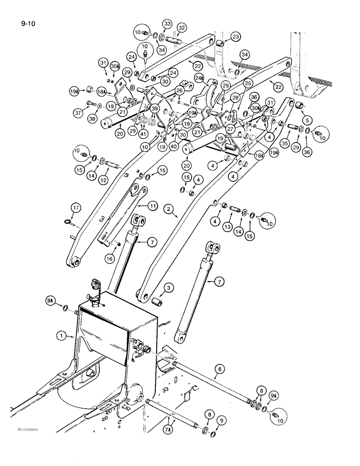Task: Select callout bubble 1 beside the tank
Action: pos(59,334)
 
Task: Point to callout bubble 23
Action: pos(235,37)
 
